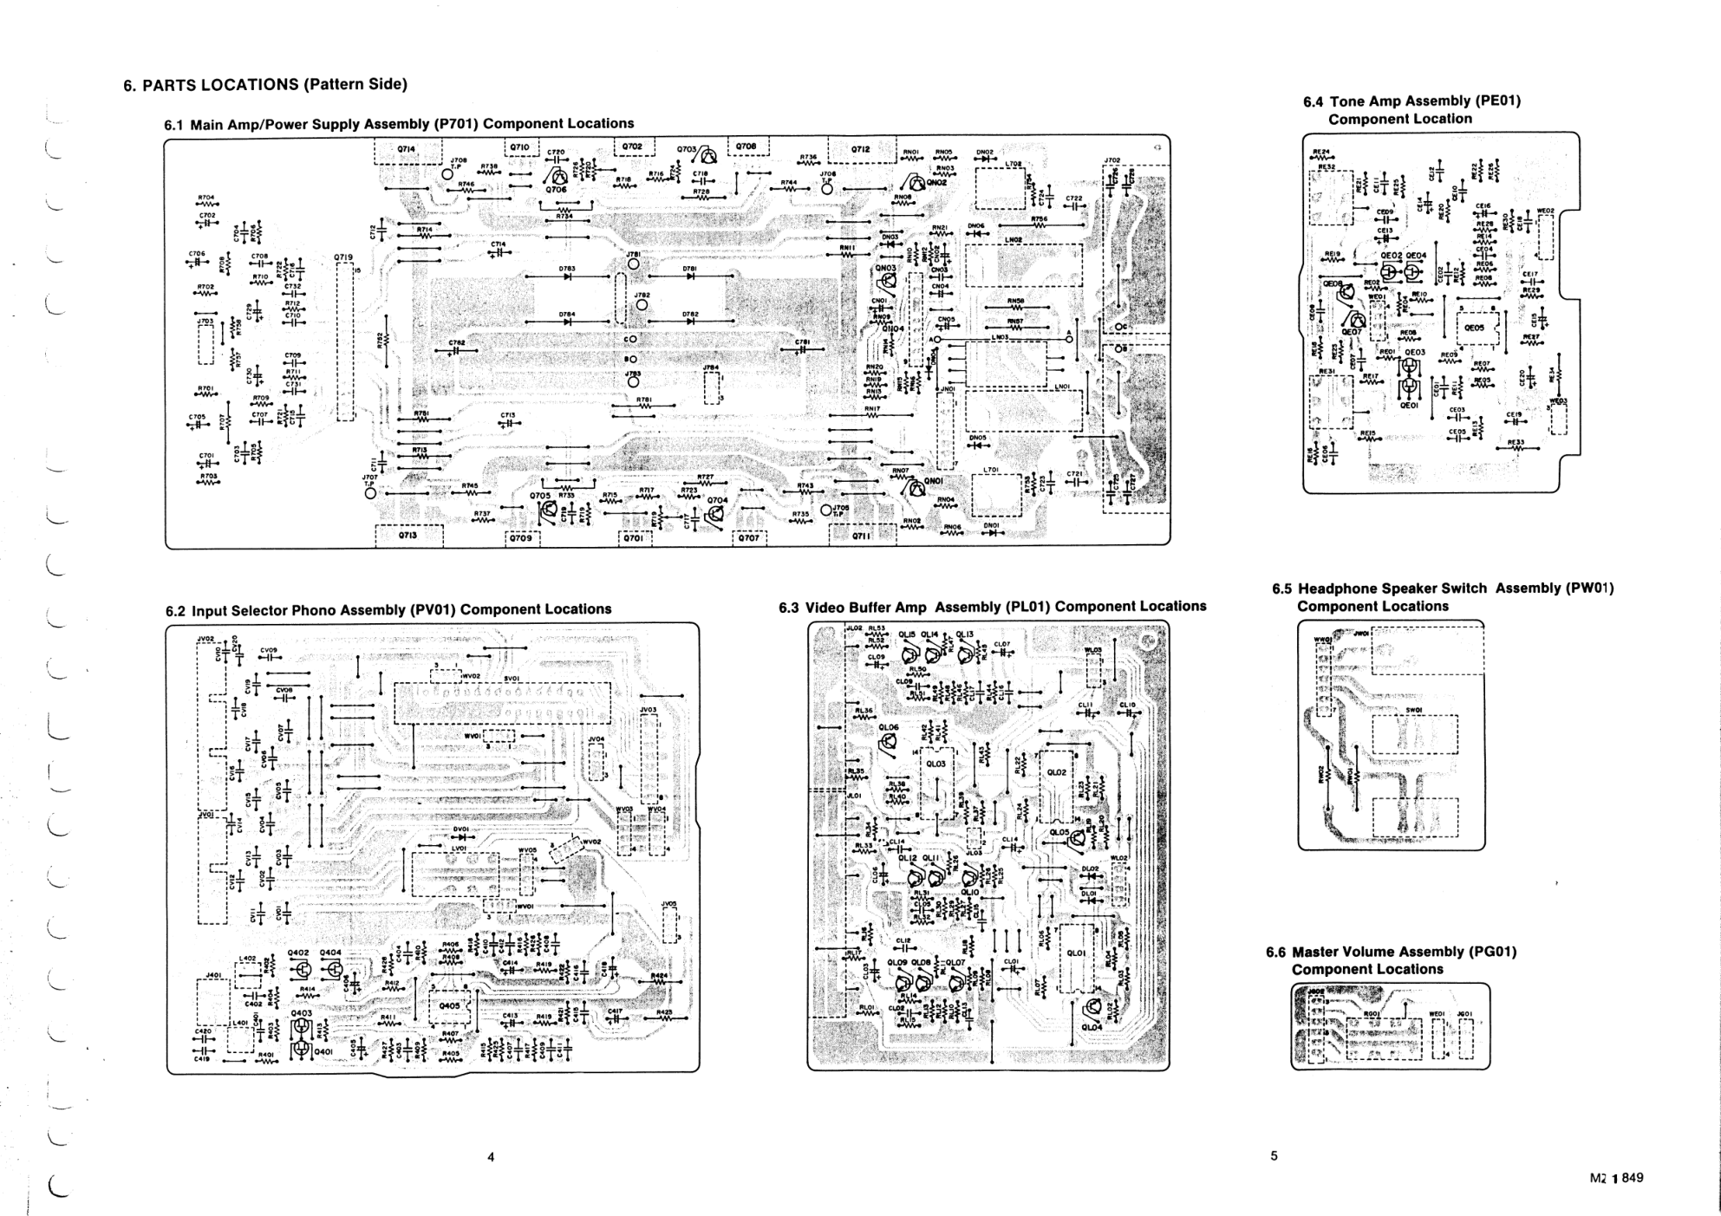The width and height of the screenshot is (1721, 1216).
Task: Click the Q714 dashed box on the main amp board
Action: tap(407, 150)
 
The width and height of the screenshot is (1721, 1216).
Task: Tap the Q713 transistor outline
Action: tap(407, 536)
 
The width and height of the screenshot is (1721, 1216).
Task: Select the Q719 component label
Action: tap(343, 257)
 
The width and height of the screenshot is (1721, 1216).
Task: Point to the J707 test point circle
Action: tap(372, 493)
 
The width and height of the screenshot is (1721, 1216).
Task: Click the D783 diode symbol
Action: tap(568, 277)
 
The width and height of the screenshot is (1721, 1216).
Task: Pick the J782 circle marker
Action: tap(642, 304)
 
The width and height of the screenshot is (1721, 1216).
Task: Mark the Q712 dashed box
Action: tap(861, 150)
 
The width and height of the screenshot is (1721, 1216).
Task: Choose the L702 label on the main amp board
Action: tap(1013, 164)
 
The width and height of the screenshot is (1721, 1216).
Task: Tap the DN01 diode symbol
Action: tap(991, 533)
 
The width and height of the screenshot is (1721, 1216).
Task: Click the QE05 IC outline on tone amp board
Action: tap(1474, 328)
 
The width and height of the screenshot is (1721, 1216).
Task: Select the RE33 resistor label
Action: tap(1516, 443)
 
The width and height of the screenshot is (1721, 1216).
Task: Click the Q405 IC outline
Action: tap(449, 1006)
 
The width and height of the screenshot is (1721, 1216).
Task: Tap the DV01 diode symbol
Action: tap(461, 837)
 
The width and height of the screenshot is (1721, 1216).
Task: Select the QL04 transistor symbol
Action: tap(1092, 1007)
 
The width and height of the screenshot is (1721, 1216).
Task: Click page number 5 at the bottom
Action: tap(1274, 1155)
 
